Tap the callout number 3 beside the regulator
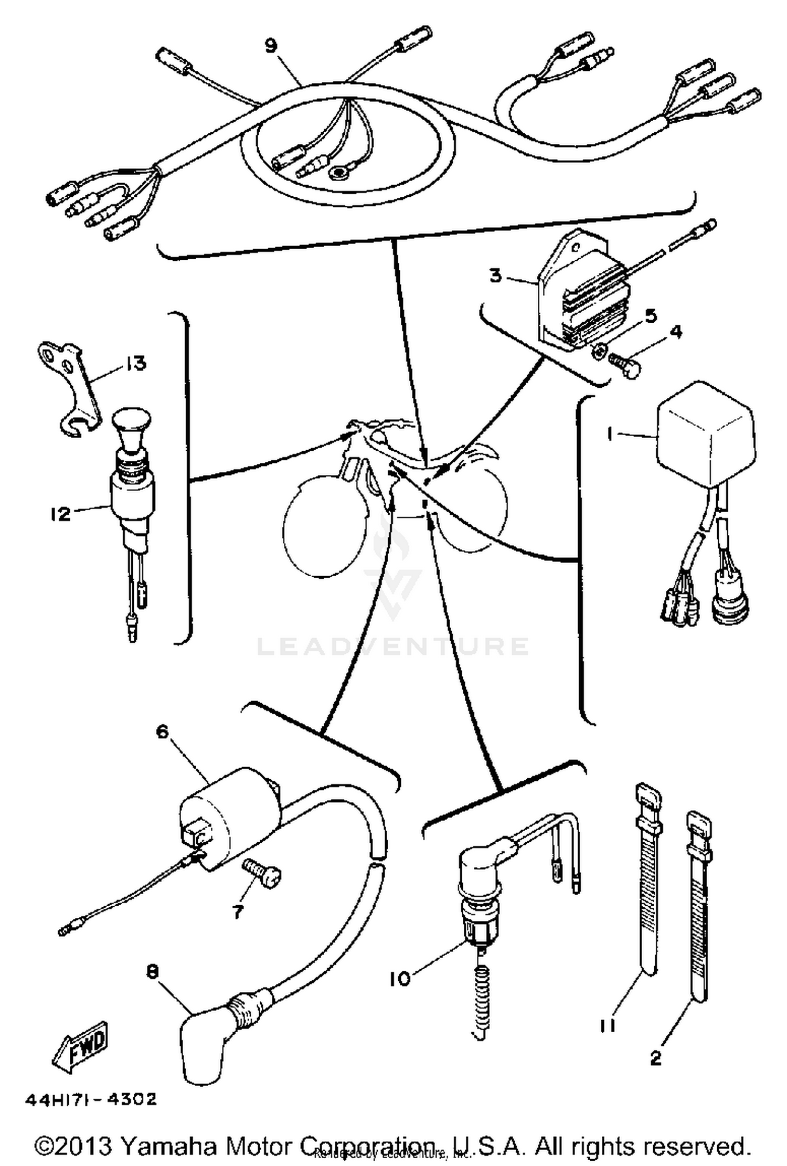[495, 275]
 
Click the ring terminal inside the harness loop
[336, 171]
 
